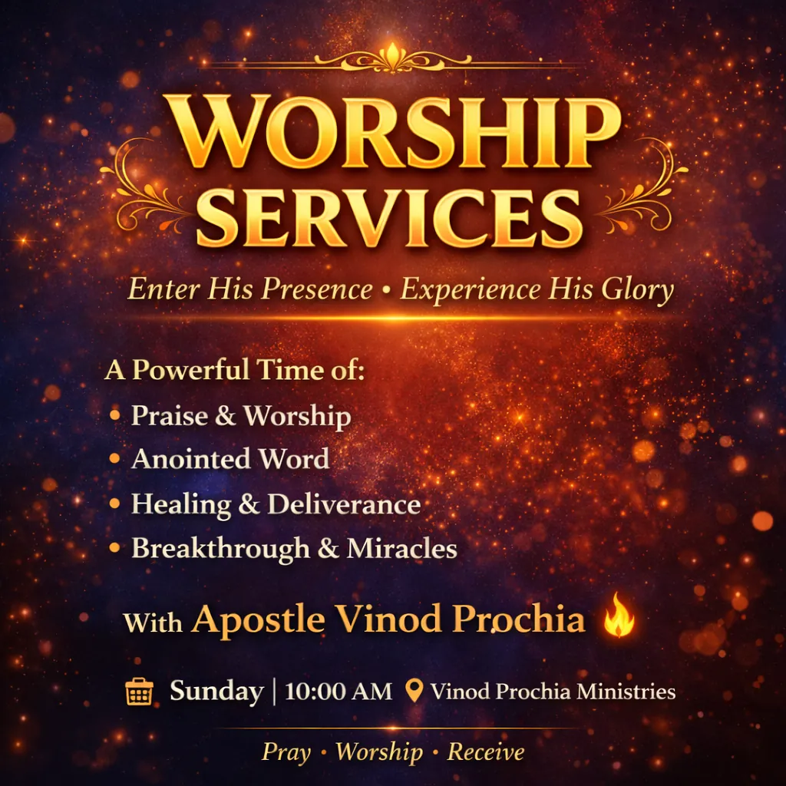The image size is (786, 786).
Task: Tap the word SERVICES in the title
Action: coord(389,218)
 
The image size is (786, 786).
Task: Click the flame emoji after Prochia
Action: coord(619,615)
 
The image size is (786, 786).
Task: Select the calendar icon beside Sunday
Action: coord(139,692)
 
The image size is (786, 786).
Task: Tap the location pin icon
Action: coord(414,691)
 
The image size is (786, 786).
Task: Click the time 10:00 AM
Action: coord(339,692)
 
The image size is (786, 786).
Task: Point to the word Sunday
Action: coord(216,692)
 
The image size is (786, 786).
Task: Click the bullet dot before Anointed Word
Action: coord(115,458)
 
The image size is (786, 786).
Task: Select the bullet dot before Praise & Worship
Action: coord(115,414)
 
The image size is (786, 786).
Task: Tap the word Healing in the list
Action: coord(181,504)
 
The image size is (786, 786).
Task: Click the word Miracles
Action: coord(401,548)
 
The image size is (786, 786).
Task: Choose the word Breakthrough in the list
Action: coord(220,548)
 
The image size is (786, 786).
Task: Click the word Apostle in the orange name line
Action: coord(258,620)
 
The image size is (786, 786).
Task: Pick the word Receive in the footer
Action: coord(486,751)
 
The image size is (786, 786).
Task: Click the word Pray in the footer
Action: coord(286,752)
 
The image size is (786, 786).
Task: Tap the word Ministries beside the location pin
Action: coord(626,692)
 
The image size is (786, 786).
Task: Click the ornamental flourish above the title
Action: coord(393,59)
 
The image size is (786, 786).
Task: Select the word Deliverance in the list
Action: coord(345,504)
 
